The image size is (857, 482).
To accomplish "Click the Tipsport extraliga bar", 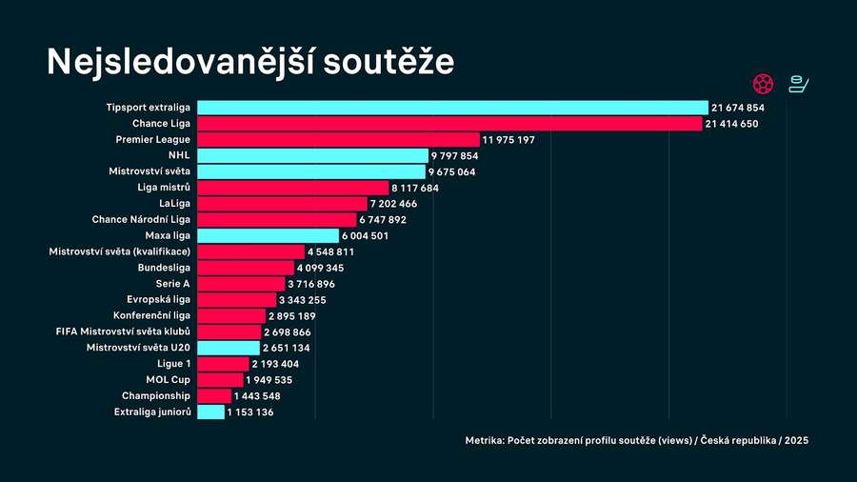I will tap(452, 108).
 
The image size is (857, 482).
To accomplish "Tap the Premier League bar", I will tap(338, 140).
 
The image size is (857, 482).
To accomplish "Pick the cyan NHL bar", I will tap(312, 155).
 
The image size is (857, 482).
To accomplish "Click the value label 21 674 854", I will tap(738, 109).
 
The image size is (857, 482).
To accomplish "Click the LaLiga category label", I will tap(173, 204).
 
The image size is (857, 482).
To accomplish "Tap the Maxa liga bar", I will tap(268, 236).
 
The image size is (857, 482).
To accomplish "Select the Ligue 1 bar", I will tap(223, 364).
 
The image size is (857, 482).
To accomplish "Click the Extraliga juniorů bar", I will tap(210, 412).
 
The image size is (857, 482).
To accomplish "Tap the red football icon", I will tap(762, 83).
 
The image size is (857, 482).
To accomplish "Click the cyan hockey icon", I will tap(799, 83).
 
